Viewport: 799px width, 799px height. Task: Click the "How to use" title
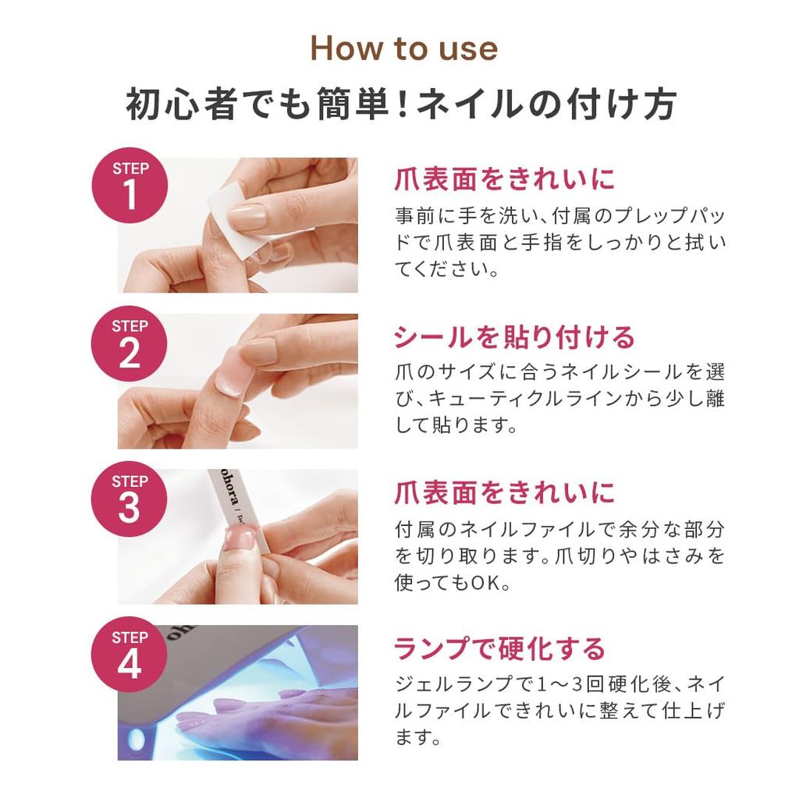(x=403, y=48)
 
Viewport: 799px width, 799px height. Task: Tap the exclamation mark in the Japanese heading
(x=402, y=105)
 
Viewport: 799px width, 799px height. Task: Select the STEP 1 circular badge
(x=130, y=187)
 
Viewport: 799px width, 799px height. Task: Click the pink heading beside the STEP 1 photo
(x=504, y=179)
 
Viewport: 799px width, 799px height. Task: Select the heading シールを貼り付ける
(x=514, y=337)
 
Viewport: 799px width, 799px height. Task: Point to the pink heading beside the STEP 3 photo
(x=504, y=492)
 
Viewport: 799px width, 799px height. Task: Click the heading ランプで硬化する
(x=499, y=648)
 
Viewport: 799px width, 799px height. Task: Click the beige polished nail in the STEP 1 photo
(x=248, y=215)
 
